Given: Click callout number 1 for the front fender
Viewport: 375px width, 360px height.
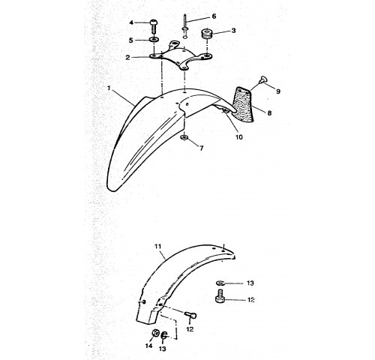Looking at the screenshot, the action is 109,88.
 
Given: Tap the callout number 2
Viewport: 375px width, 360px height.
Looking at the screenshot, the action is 127,58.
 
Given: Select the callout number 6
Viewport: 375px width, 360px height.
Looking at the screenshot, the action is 214,16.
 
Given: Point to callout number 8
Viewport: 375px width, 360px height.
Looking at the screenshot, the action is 269,113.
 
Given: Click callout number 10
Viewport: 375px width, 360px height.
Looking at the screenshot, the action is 239,137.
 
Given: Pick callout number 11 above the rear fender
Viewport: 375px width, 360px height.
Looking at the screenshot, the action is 157,247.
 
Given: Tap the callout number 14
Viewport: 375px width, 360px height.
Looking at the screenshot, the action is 148,346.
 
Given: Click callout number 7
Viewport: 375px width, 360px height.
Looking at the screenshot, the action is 202,148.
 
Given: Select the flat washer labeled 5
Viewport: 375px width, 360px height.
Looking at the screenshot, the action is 154,40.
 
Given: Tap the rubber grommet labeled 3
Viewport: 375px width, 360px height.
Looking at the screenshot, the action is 206,34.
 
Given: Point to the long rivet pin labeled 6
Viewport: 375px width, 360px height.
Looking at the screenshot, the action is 185,27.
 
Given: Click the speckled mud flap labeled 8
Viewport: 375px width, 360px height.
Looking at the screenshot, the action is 243,104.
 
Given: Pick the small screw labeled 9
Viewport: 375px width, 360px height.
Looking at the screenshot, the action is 263,79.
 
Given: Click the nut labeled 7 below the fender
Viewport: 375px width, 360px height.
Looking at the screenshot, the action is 184,137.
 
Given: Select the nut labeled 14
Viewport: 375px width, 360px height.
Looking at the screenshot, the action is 156,333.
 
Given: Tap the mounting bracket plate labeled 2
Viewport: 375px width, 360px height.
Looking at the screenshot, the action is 181,56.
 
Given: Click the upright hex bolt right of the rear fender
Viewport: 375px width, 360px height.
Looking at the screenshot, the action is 220,296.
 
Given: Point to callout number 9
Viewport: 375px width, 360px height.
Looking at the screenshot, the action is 278,91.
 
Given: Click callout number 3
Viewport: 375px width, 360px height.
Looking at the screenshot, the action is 233,31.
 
